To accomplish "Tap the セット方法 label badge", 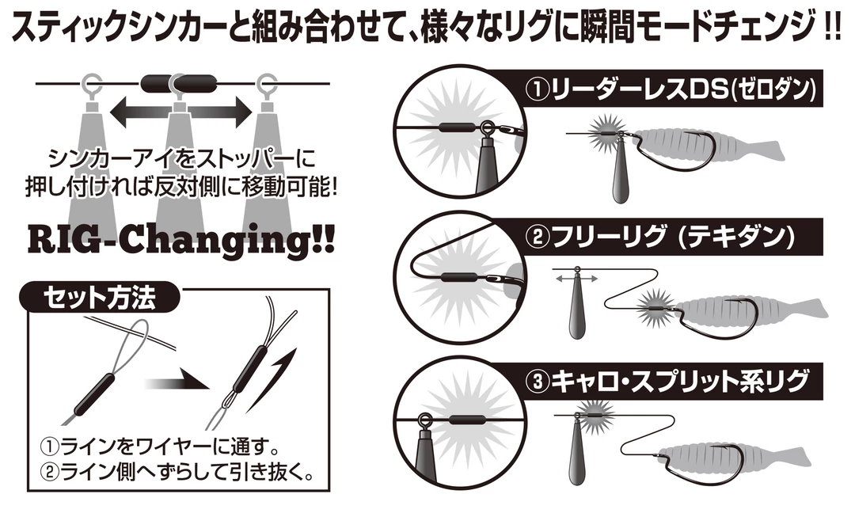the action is (99, 298).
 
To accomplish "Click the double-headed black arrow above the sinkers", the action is (181, 112).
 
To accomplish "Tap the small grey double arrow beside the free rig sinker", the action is (576, 279).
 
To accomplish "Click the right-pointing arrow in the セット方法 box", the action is (178, 378).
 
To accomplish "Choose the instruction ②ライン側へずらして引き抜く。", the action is (178, 472).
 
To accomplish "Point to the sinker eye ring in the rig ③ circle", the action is (424, 421).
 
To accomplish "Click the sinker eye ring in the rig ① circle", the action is (487, 129).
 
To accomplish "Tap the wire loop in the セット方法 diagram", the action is (134, 344).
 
